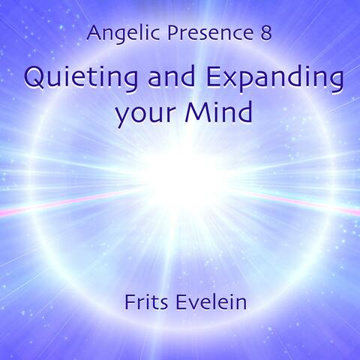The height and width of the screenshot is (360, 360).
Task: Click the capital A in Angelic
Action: coord(93,33)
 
